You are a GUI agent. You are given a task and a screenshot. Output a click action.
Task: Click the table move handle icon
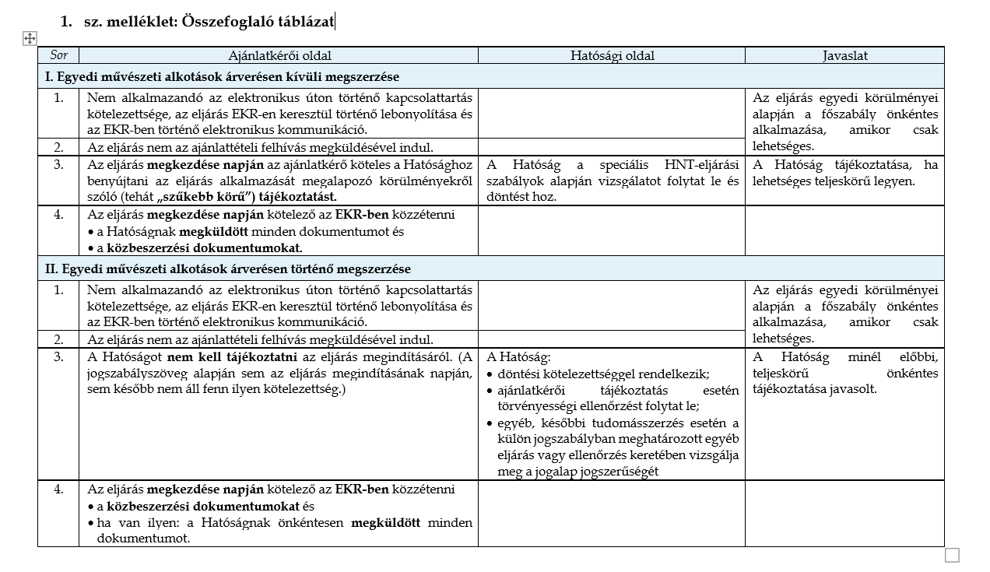(x=30, y=38)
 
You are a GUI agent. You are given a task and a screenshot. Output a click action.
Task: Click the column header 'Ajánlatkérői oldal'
(x=279, y=55)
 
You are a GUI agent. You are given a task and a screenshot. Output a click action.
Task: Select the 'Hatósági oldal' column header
(x=612, y=55)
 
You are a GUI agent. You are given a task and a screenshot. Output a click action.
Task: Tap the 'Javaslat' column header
(x=844, y=55)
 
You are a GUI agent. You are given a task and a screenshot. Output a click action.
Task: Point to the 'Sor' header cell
(x=58, y=55)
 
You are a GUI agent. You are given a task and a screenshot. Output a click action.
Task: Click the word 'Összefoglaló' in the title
(x=226, y=21)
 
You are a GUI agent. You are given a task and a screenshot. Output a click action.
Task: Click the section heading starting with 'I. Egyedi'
(x=222, y=76)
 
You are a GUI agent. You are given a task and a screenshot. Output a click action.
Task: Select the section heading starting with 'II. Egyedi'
(x=227, y=268)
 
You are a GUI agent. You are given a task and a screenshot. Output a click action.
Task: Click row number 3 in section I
(x=58, y=165)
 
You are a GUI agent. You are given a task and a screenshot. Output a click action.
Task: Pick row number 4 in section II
(x=58, y=490)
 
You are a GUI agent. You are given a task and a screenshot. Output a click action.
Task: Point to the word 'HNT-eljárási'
(x=701, y=165)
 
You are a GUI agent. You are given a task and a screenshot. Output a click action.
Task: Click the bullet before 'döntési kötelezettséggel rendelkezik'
(x=490, y=374)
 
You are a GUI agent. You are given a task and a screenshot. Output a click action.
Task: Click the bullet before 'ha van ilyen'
(x=90, y=522)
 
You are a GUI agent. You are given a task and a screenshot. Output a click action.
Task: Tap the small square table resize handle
(x=952, y=555)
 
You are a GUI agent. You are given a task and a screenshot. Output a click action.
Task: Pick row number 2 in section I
(x=58, y=147)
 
